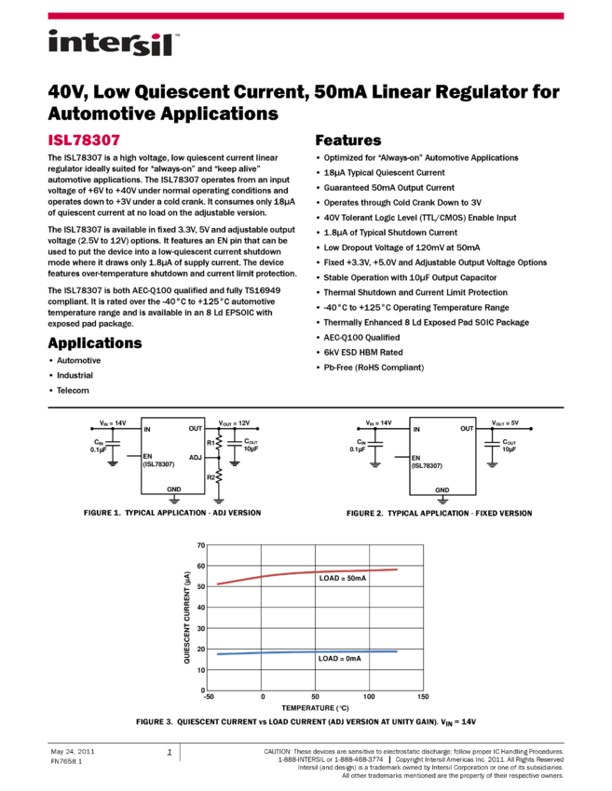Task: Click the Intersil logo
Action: coord(114,44)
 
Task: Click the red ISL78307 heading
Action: coord(84,141)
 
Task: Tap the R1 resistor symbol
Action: coord(219,443)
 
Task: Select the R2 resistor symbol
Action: coord(219,477)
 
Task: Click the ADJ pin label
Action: coord(195,457)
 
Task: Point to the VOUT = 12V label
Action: coord(234,422)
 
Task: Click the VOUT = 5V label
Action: coord(505,422)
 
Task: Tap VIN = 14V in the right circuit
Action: coord(379,422)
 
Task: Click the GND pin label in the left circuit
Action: coord(174,489)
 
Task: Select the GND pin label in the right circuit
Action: coord(442,489)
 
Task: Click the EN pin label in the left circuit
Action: coord(147,456)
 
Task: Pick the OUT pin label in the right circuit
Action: coord(467,429)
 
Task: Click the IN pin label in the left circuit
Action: coord(147,429)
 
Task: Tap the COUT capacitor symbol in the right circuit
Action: coord(492,444)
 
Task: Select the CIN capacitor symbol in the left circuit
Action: coord(113,444)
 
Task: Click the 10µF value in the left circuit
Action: coord(252,449)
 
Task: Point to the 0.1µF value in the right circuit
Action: coord(359,449)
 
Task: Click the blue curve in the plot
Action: coord(307,652)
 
